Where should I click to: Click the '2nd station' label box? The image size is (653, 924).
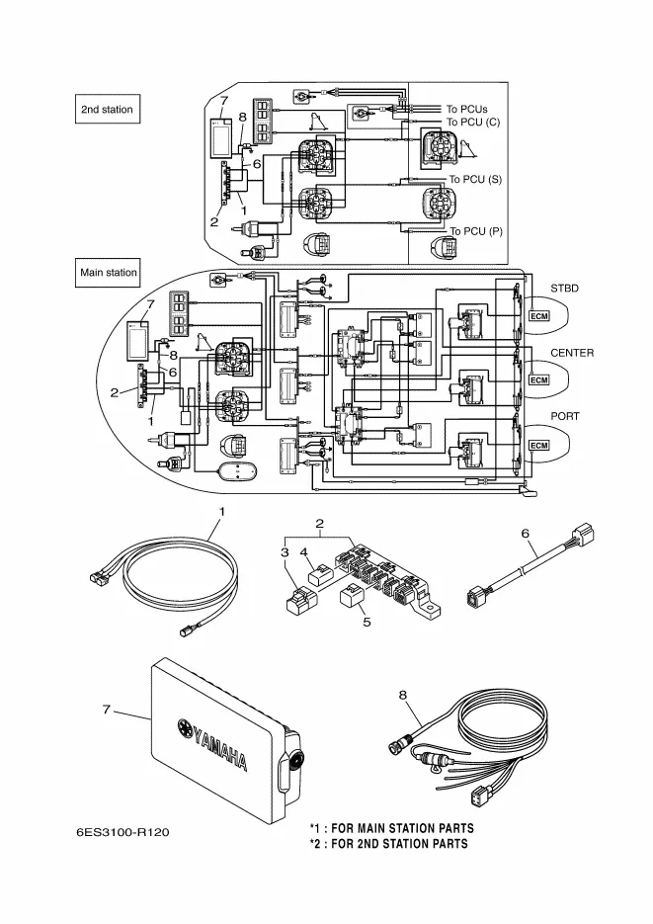tap(107, 109)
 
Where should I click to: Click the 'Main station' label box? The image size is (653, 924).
tap(108, 272)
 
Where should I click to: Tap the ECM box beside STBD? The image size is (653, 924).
tap(538, 316)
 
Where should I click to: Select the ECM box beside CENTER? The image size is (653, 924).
tap(538, 380)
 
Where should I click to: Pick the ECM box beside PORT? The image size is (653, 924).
tap(538, 446)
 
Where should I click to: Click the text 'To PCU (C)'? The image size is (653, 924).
tap(473, 122)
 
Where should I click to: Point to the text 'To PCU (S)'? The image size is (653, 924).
tap(476, 179)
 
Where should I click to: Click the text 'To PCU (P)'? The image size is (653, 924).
tap(476, 231)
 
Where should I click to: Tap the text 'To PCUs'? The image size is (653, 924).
tap(467, 109)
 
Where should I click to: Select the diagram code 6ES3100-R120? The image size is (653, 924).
tap(122, 832)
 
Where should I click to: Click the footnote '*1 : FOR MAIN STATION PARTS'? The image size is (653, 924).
tap(391, 828)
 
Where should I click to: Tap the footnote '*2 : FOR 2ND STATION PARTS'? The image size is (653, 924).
tap(388, 844)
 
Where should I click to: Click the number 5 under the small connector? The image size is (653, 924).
tap(367, 623)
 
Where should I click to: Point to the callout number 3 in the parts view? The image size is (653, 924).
tap(285, 552)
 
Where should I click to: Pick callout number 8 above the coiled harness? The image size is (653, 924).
tap(403, 696)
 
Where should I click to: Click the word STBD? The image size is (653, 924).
tap(565, 289)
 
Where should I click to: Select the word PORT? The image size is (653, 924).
tap(565, 416)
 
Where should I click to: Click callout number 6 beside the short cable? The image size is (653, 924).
tap(526, 534)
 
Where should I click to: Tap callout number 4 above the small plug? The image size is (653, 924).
tap(304, 552)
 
